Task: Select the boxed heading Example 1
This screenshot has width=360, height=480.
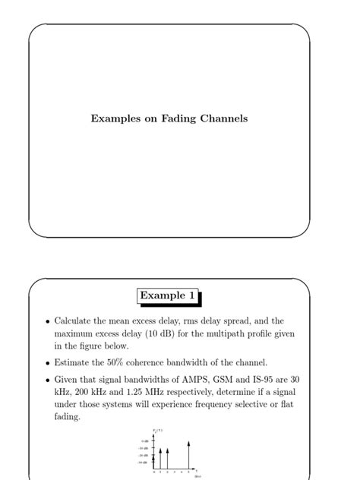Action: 172,295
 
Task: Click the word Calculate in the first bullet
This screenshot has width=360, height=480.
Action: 76,321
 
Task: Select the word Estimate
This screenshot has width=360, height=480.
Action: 74,363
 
